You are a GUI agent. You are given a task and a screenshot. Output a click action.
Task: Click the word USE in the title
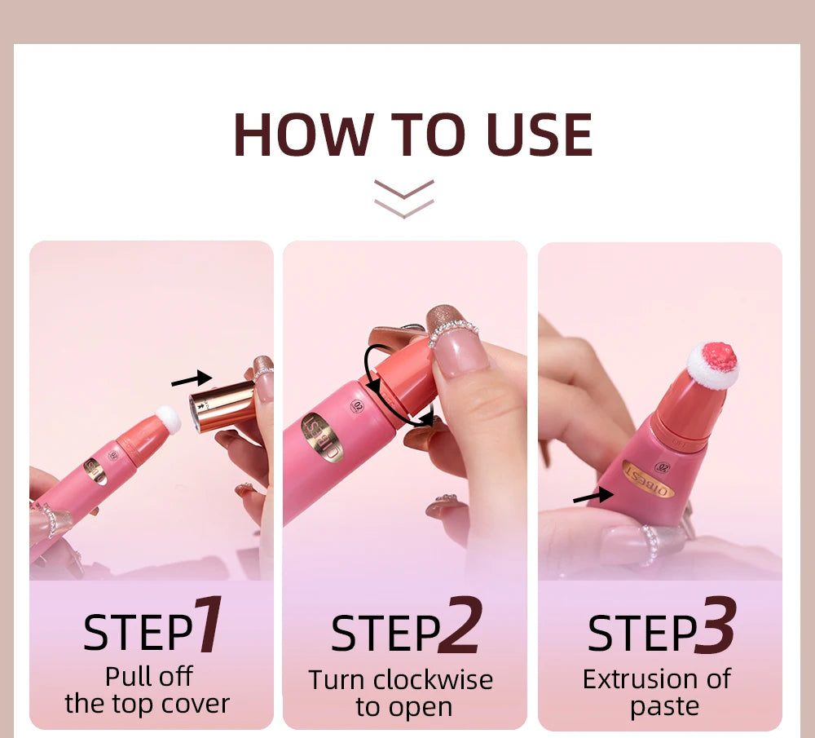(539, 135)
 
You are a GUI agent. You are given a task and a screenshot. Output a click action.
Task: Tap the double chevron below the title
(404, 199)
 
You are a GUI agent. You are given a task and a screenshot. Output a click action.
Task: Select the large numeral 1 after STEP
(209, 626)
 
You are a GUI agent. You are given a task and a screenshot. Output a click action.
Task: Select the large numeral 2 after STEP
(460, 626)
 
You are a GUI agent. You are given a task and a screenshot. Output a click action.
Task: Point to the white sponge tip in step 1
(168, 419)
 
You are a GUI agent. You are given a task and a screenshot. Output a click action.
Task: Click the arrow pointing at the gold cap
(191, 379)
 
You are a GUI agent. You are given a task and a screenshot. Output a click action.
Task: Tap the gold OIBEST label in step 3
(649, 478)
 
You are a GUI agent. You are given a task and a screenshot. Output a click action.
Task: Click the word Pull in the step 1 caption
(126, 676)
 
